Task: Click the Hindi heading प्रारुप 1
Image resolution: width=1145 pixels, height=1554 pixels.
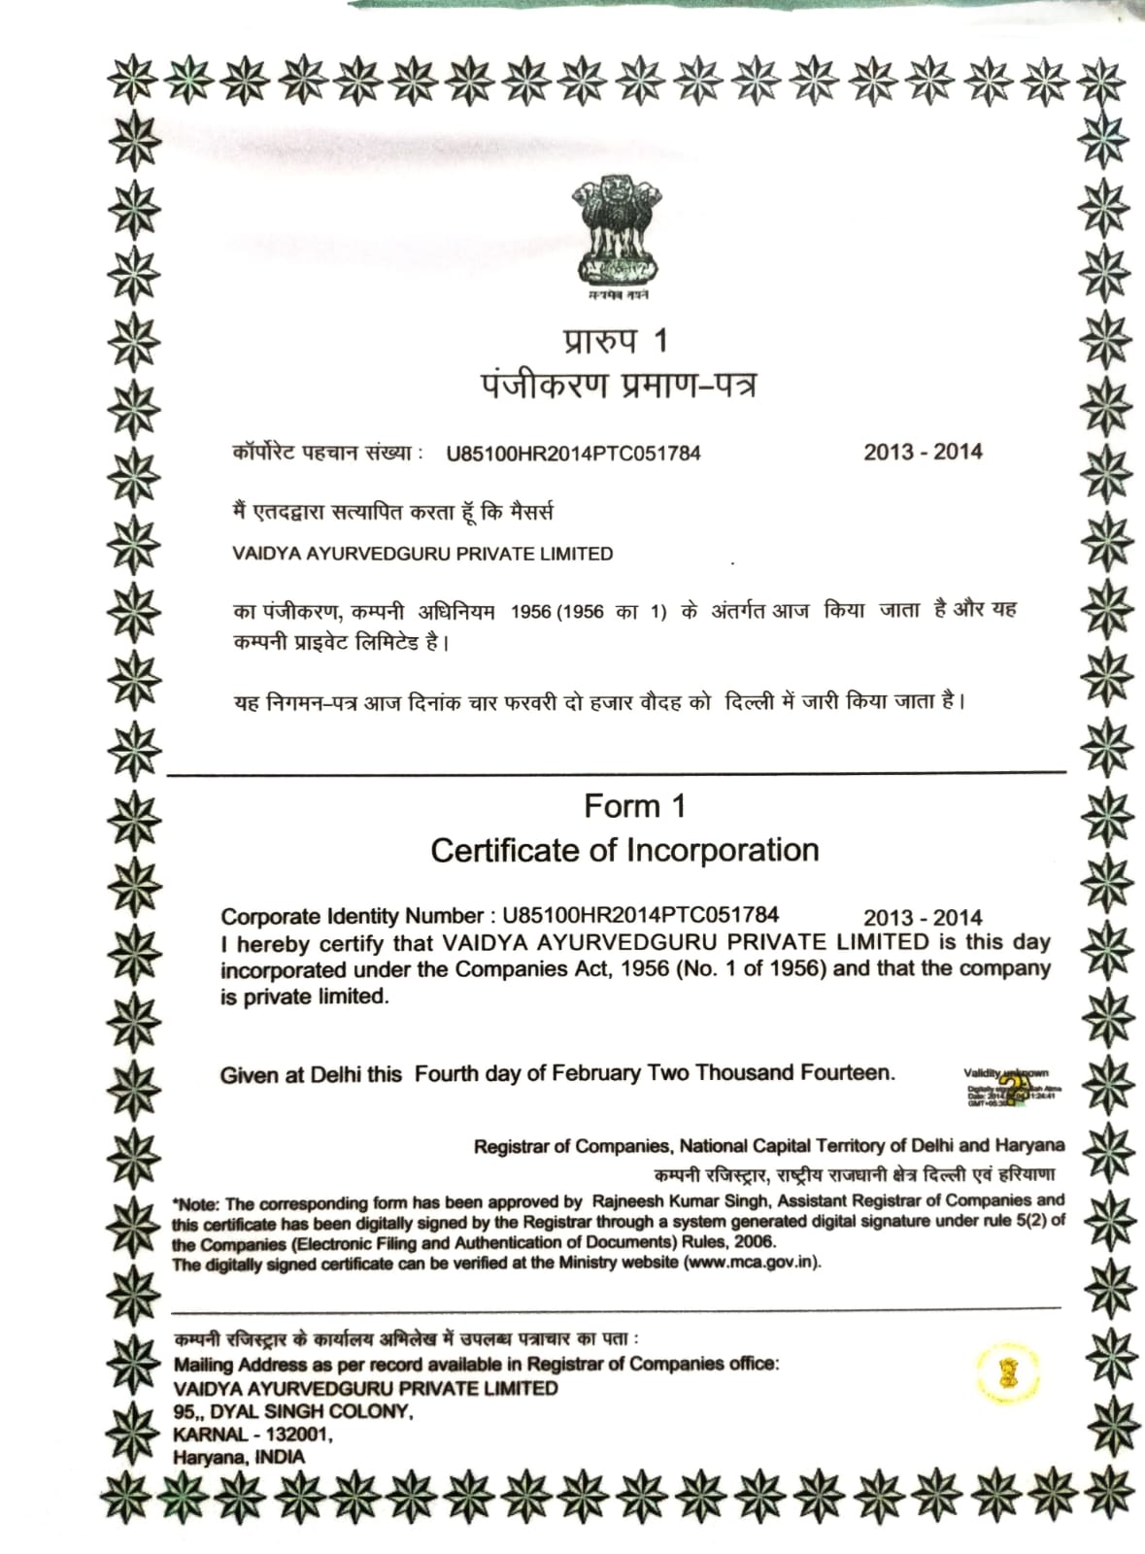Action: tap(616, 341)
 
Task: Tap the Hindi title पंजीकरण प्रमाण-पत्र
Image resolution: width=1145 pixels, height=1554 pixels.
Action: tap(618, 386)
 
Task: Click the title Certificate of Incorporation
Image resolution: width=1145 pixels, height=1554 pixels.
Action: tap(624, 850)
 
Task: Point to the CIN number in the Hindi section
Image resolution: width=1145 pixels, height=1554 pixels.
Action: tap(573, 453)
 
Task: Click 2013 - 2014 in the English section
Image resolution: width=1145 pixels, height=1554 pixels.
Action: tap(923, 918)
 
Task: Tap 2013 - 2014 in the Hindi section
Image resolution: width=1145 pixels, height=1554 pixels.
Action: tap(923, 452)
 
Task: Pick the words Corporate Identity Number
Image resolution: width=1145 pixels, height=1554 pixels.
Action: tap(352, 916)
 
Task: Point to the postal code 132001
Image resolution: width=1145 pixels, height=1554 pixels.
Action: tap(298, 1435)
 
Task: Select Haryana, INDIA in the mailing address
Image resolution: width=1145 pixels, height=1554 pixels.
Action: tap(239, 1457)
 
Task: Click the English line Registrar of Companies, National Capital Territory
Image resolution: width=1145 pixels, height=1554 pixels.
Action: tap(768, 1146)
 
